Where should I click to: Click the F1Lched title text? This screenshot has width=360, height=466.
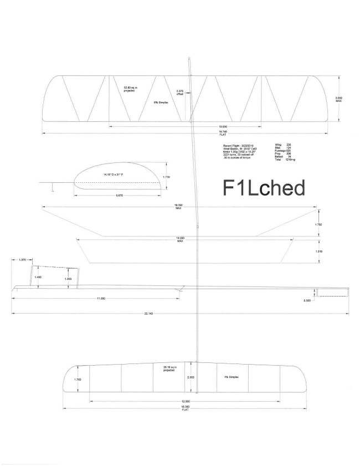click(x=264, y=188)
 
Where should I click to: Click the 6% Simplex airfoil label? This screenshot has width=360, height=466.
click(x=160, y=103)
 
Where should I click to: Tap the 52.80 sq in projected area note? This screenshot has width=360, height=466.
click(x=130, y=88)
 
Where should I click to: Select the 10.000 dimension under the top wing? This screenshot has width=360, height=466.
click(x=191, y=126)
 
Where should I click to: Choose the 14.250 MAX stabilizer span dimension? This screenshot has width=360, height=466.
click(x=180, y=240)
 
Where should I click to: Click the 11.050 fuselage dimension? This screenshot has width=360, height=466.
click(x=101, y=298)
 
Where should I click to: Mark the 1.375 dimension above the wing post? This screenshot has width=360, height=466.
click(x=23, y=259)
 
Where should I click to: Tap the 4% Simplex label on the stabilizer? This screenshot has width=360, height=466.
click(x=232, y=377)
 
